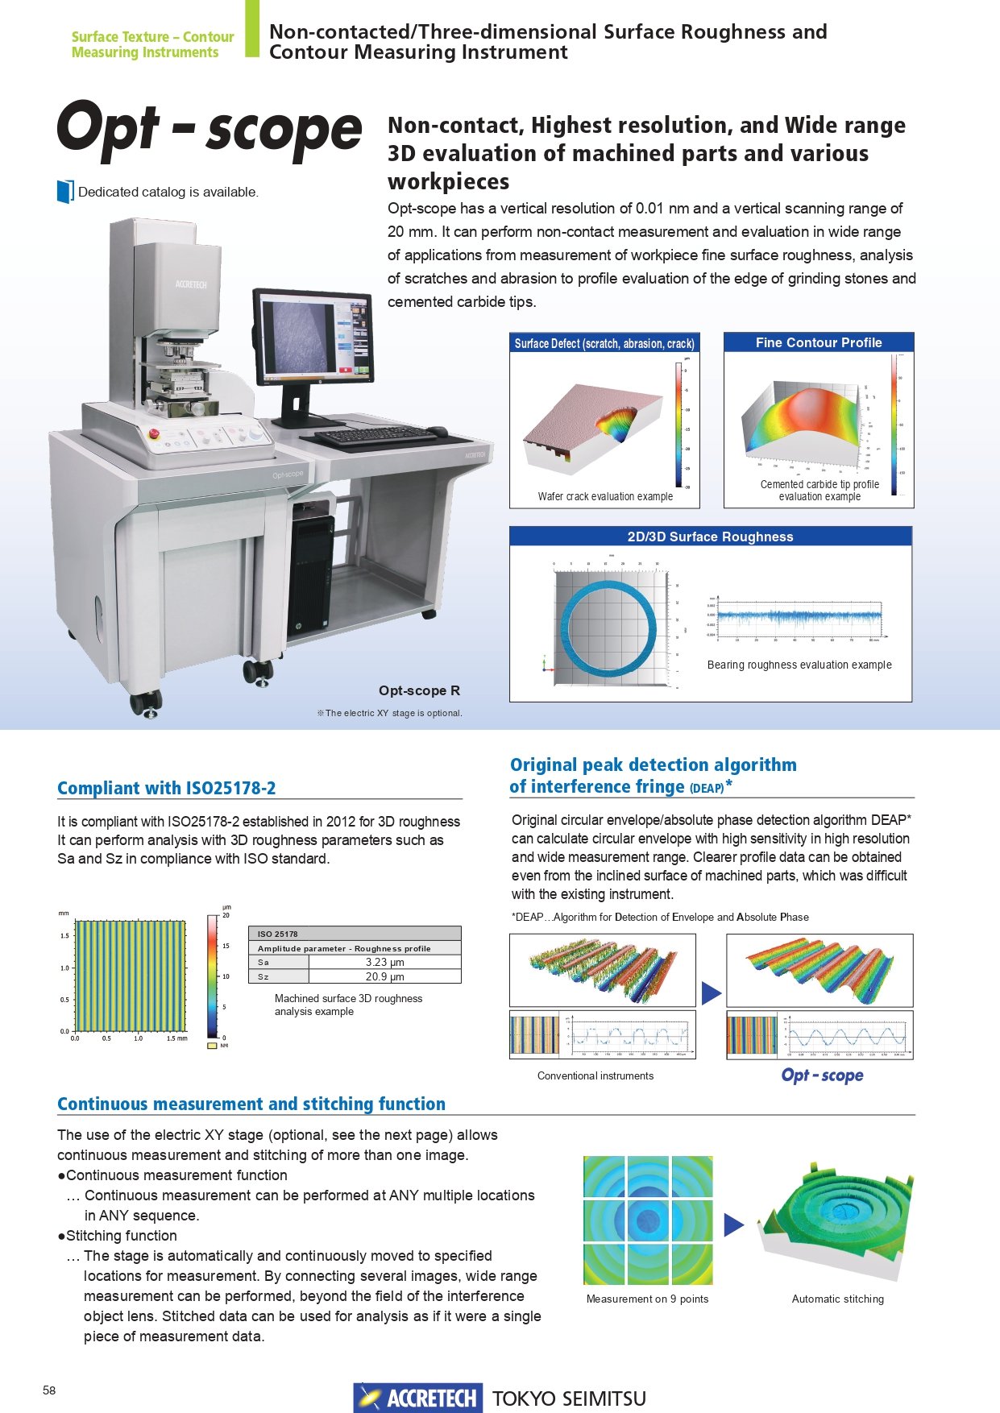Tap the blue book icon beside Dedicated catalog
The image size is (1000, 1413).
(65, 192)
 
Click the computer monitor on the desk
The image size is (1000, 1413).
(313, 338)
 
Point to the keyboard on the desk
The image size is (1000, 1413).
(375, 437)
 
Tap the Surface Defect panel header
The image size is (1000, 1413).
(604, 343)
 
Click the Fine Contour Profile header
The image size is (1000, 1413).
(819, 342)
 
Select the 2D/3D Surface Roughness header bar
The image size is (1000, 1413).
(710, 537)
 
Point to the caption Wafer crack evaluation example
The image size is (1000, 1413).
(605, 496)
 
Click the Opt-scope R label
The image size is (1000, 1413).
(419, 690)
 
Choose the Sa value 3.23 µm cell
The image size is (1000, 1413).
(384, 962)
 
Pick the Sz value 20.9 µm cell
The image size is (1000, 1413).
(384, 976)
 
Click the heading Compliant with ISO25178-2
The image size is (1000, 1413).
(166, 788)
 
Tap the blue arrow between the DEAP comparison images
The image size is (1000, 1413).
(711, 993)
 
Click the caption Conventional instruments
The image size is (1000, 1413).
(595, 1075)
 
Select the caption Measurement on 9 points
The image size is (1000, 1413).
(647, 1299)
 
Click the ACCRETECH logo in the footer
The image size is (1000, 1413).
(417, 1398)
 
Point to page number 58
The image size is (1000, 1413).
(49, 1390)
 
